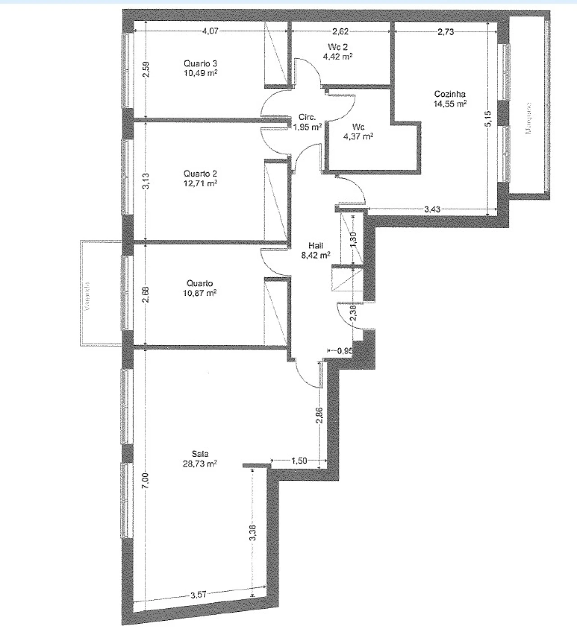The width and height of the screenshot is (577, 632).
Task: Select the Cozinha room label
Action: point(449,94)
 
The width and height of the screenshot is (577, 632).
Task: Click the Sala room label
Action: point(200,454)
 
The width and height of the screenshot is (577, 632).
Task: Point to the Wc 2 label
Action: point(338,47)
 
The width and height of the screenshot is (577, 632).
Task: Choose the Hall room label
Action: point(316,245)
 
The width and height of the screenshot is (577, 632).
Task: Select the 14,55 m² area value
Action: point(449,104)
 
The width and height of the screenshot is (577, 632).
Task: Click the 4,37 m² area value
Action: point(358,136)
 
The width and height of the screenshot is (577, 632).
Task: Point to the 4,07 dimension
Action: point(210,31)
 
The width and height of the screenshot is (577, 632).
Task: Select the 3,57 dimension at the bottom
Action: point(198,595)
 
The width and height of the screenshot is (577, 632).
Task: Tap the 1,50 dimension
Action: point(299,460)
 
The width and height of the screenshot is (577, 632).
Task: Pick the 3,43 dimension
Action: point(432,209)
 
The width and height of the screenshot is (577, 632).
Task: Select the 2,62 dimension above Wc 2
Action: point(340,31)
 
